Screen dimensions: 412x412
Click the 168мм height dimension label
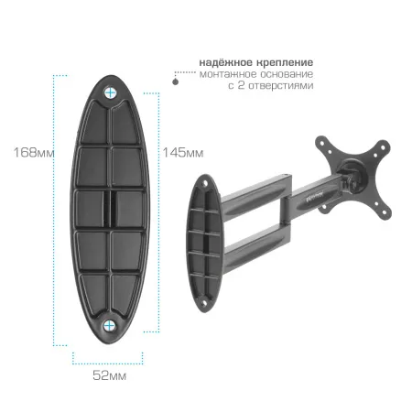(34, 152)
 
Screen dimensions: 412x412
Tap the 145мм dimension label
(183, 152)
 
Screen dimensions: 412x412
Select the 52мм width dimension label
(109, 375)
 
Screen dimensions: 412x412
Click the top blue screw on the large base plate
(111, 92)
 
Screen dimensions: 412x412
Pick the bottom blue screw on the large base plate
(109, 326)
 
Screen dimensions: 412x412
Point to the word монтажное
(228, 74)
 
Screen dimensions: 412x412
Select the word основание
(287, 74)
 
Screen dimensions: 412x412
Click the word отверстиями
(281, 86)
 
